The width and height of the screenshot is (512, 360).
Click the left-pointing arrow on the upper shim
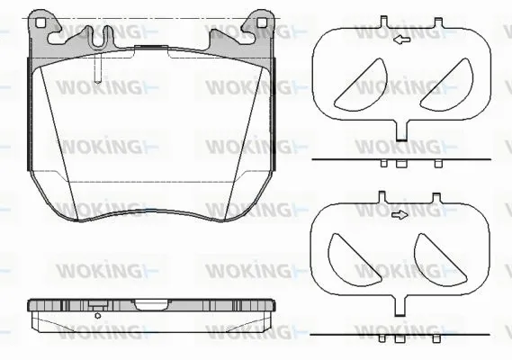coord(400,40)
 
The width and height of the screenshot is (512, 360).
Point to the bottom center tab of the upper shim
coord(400,131)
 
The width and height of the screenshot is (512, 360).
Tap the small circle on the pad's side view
coord(97,315)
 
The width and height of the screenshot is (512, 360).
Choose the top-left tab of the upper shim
coord(382,21)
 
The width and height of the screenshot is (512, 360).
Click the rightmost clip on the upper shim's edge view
coord(438,164)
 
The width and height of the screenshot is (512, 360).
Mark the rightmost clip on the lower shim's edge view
coord(438,339)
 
